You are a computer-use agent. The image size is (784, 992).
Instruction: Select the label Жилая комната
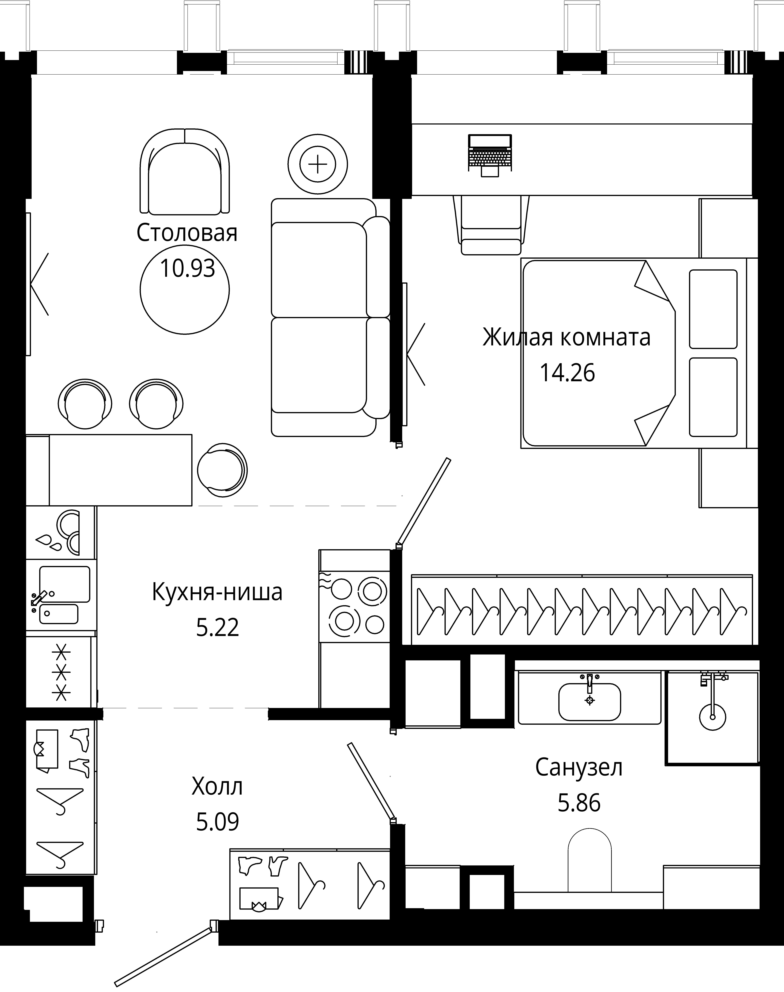(566, 337)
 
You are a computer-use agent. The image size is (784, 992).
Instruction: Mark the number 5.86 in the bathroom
(579, 803)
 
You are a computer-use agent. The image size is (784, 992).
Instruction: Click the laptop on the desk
(490, 155)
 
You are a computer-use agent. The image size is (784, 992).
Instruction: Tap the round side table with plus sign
(318, 164)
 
